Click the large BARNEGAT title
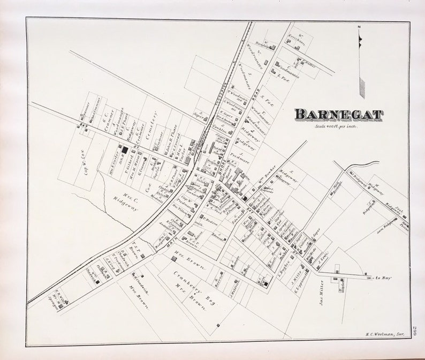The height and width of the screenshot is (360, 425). [338, 114]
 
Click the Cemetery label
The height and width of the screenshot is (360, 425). [155, 124]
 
